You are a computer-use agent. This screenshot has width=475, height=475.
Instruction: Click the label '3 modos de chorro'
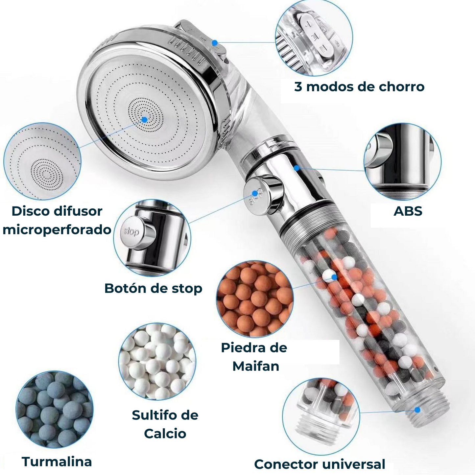(x=359, y=87)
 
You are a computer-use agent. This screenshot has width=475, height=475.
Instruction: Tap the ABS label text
(x=408, y=211)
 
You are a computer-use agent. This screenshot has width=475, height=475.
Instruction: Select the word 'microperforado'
(x=57, y=230)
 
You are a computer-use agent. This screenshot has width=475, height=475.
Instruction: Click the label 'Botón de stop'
(x=153, y=288)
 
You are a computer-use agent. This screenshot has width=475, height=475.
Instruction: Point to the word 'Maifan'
(x=256, y=366)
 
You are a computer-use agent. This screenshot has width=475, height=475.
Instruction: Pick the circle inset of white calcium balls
(x=157, y=362)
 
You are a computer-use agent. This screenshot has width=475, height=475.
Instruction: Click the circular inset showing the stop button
(x=152, y=238)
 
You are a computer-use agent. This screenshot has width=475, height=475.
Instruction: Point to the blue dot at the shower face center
(x=145, y=120)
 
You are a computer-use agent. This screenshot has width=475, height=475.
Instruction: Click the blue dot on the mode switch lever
(x=215, y=43)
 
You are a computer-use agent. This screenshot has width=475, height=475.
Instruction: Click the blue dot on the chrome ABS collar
(x=297, y=168)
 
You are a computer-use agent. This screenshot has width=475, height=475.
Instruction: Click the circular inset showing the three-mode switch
(x=314, y=38)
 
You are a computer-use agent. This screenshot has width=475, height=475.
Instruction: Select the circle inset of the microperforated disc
(x=42, y=161)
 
